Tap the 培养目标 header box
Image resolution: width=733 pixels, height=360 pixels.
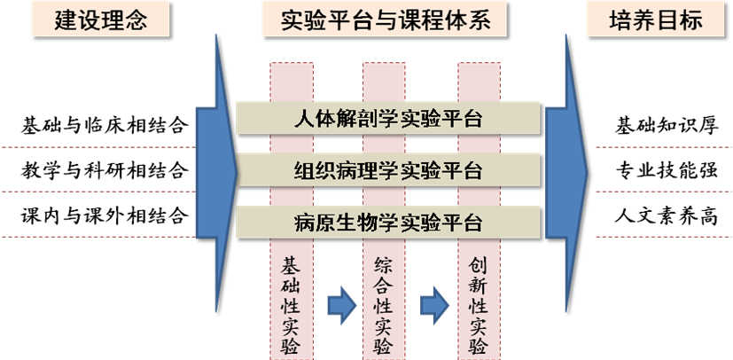(657, 20)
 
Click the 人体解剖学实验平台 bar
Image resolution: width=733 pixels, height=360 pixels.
(387, 119)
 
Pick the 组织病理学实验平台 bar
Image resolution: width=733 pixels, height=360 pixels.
(387, 170)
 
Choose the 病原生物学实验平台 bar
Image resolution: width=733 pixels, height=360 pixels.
(387, 222)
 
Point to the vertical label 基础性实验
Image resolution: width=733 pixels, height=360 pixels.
(290, 306)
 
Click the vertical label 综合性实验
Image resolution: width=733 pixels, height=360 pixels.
(384, 306)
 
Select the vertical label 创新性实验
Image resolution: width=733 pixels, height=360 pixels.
(479, 306)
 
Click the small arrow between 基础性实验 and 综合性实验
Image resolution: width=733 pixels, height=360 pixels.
(339, 305)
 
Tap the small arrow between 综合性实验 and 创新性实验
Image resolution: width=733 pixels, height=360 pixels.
(433, 305)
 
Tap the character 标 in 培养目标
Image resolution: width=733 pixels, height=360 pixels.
(690, 20)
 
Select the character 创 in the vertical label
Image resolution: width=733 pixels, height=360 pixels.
(479, 265)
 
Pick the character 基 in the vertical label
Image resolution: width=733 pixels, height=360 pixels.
(290, 265)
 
